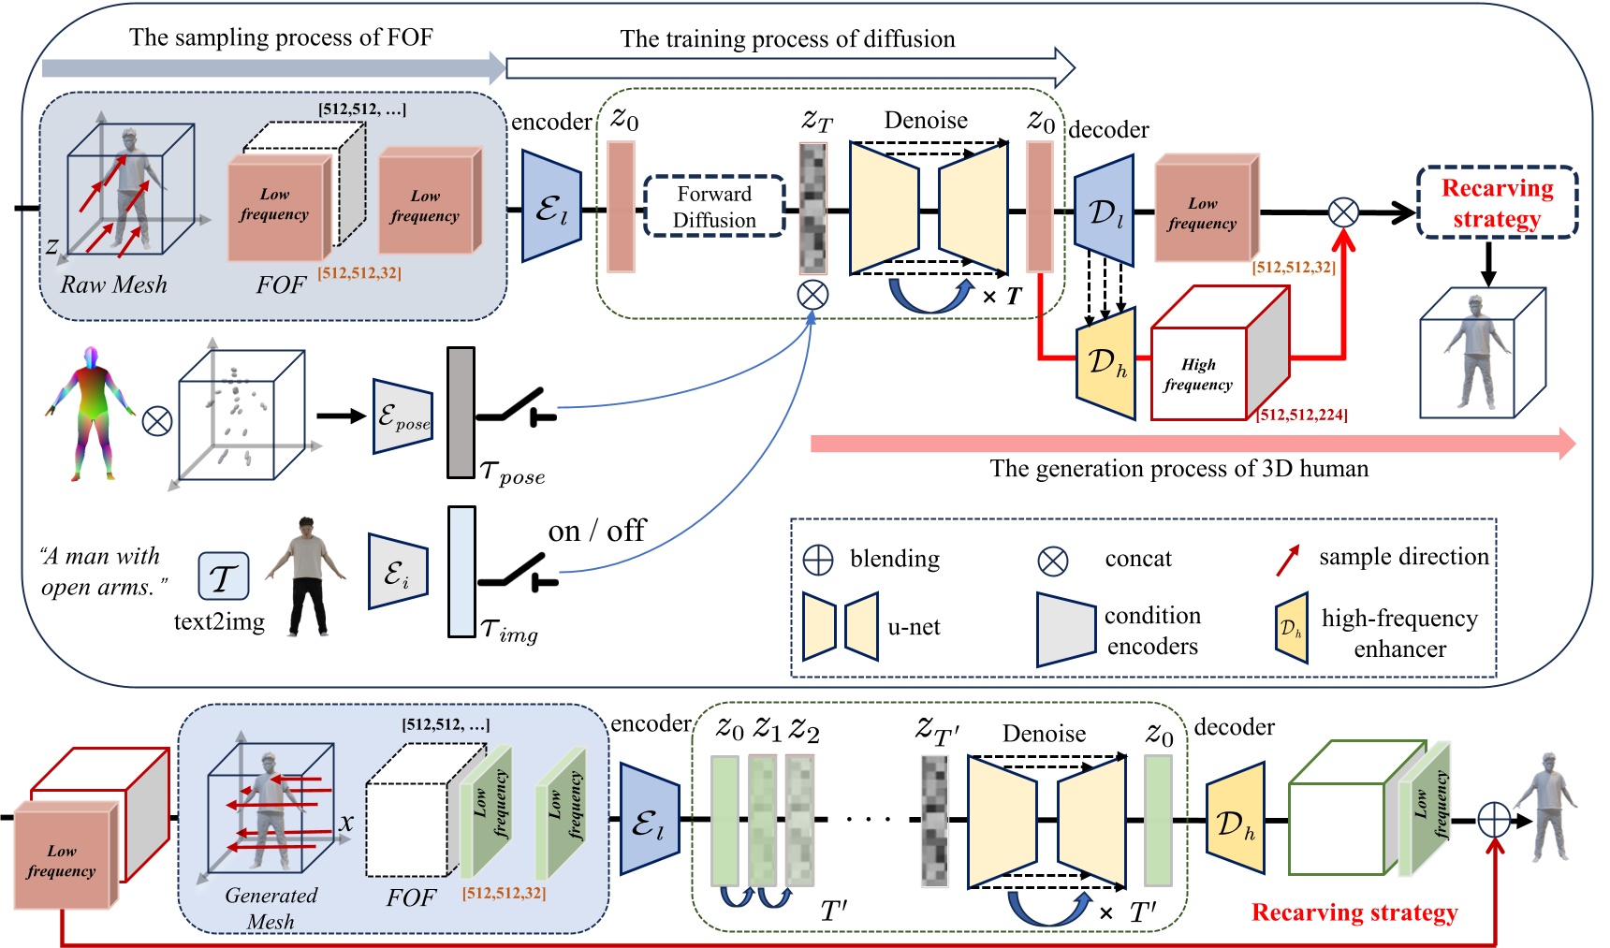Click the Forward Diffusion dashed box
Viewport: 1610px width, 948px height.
pyautogui.click(x=714, y=207)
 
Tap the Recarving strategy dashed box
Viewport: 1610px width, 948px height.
pyautogui.click(x=1497, y=203)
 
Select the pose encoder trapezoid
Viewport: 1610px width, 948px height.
pyautogui.click(x=402, y=416)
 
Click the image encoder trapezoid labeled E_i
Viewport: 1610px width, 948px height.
pyautogui.click(x=398, y=572)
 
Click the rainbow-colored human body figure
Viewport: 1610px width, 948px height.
pyautogui.click(x=90, y=413)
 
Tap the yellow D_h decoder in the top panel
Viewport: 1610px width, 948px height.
pyautogui.click(x=1107, y=363)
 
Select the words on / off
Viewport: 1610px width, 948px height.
pyautogui.click(x=596, y=532)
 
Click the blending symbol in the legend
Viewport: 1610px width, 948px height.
pyautogui.click(x=818, y=560)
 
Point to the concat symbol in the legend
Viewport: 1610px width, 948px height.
pyautogui.click(x=1053, y=561)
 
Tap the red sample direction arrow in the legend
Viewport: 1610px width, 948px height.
pyautogui.click(x=1288, y=560)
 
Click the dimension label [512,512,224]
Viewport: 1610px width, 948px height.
pyautogui.click(x=1302, y=415)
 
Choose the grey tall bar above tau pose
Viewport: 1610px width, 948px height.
pyautogui.click(x=461, y=413)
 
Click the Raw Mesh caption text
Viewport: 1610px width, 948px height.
pyautogui.click(x=113, y=284)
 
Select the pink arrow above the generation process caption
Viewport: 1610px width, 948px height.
pyautogui.click(x=1189, y=444)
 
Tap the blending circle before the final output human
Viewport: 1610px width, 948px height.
pyautogui.click(x=1494, y=821)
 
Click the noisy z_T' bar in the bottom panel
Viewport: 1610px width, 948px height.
pyautogui.click(x=935, y=820)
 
